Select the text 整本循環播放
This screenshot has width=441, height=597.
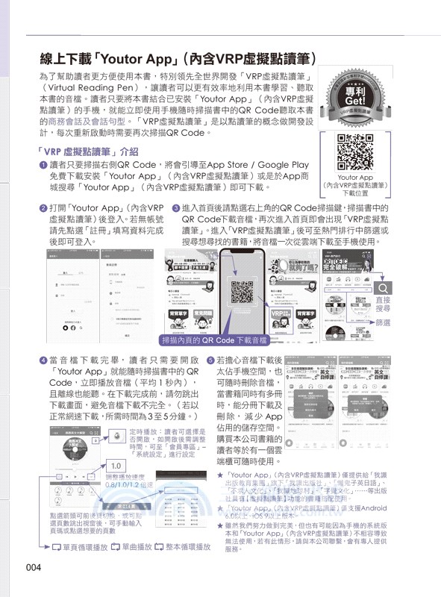[184, 547]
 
